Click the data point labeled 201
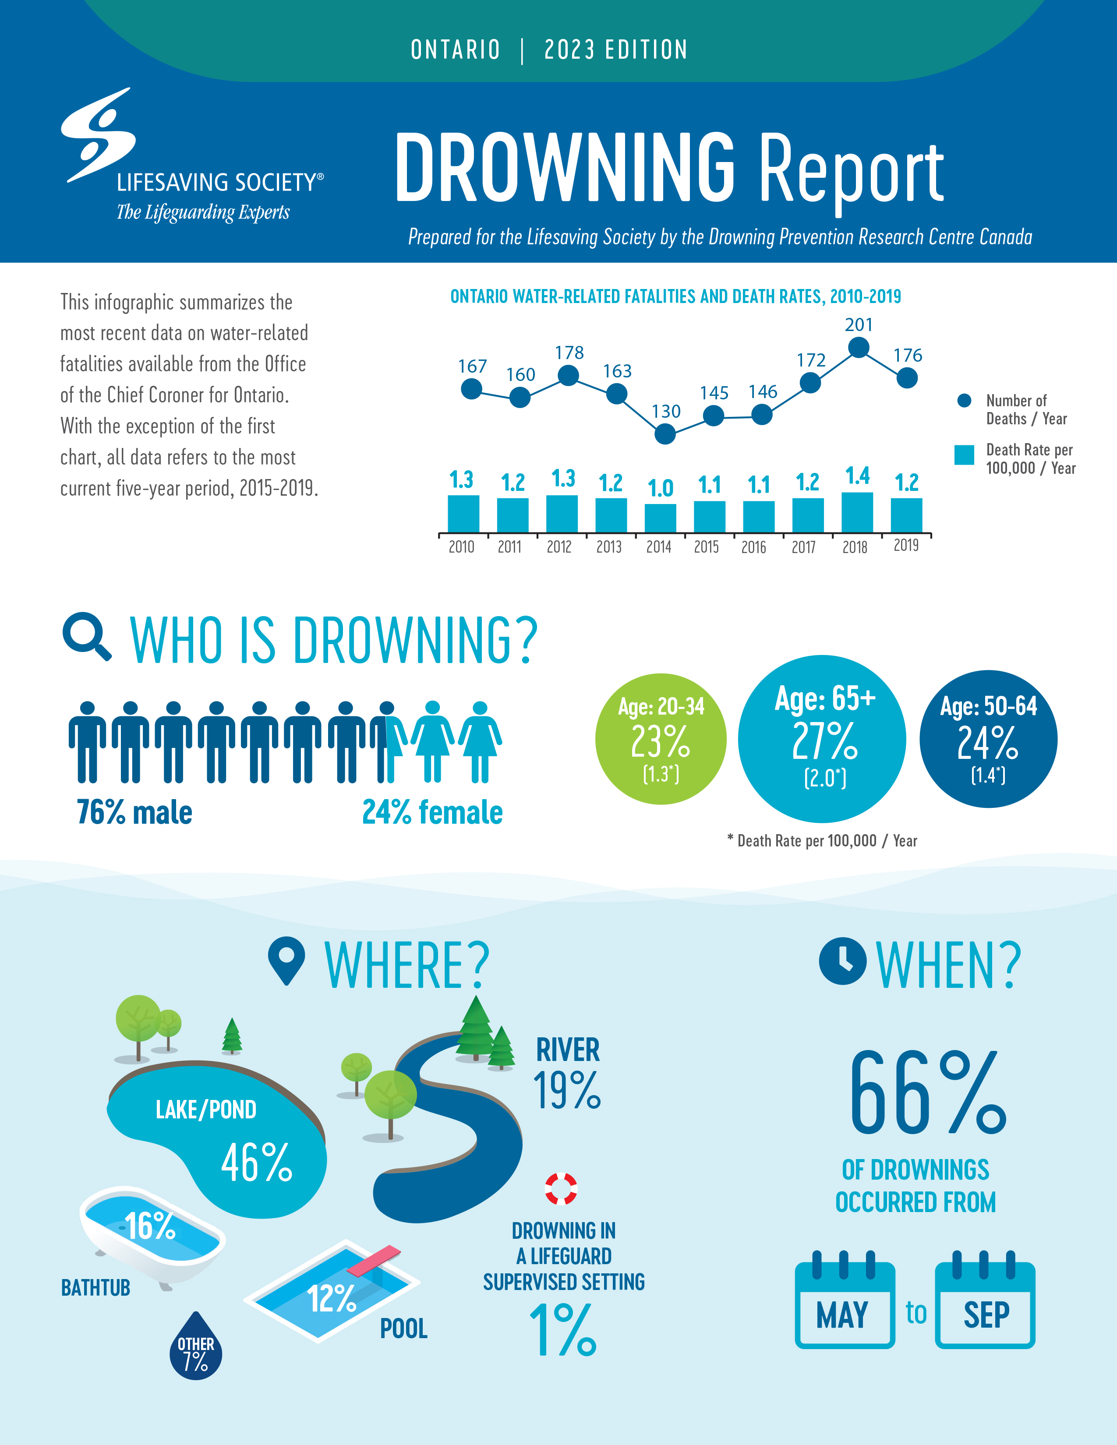coord(858,347)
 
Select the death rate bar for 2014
coord(660,518)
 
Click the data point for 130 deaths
coord(665,434)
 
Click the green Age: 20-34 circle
coord(661,739)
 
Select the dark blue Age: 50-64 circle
coord(987,739)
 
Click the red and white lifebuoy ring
coord(561,1189)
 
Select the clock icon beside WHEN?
coord(842,961)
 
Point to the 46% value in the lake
coord(257,1163)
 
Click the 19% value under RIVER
coord(567,1091)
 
